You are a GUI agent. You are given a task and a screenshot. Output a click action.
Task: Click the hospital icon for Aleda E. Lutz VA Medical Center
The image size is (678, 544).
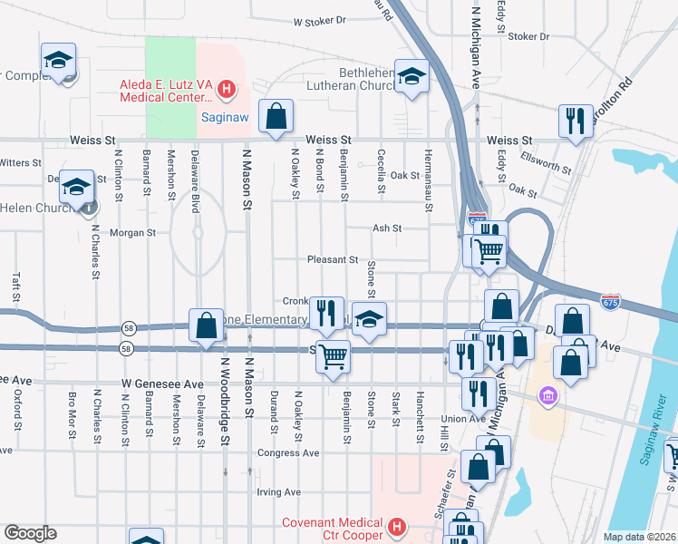click(x=227, y=90)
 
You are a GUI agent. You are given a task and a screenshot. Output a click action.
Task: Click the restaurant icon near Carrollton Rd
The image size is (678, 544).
click(x=575, y=121)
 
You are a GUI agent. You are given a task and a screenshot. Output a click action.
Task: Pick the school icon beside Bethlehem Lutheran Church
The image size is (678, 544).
click(x=412, y=78)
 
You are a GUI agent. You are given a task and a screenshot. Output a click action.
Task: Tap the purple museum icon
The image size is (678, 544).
click(x=547, y=395)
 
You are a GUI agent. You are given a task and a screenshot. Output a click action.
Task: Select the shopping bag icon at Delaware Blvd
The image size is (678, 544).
click(x=206, y=325)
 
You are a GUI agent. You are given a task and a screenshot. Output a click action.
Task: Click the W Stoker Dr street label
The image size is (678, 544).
click(x=319, y=20)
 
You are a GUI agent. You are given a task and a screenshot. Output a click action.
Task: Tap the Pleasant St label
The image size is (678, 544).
click(x=333, y=259)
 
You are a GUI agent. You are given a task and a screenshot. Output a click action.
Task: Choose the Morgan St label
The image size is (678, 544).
click(x=133, y=232)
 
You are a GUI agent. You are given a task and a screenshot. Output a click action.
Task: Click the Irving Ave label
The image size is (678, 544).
click(x=278, y=492)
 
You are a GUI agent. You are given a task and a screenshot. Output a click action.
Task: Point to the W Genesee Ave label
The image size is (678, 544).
click(x=163, y=384)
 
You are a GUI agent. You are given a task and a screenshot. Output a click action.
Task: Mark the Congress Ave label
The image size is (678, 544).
click(x=288, y=452)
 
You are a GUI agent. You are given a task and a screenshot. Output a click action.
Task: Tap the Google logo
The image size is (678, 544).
click(x=30, y=533)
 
